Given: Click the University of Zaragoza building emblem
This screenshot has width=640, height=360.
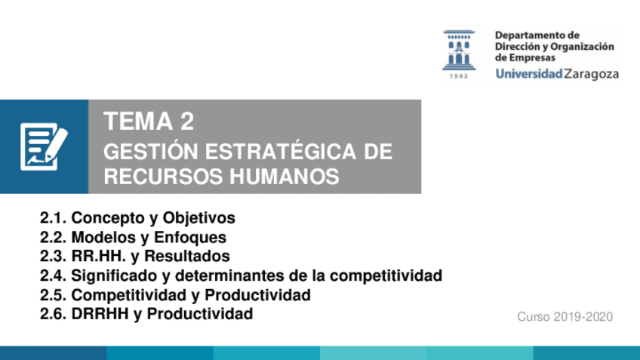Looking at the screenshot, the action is (x=459, y=50).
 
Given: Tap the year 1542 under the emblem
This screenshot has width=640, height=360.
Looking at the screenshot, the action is (x=459, y=76).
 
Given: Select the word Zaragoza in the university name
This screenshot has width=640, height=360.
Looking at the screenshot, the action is (x=592, y=74).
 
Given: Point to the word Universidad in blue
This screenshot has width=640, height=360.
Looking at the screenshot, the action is (x=529, y=73).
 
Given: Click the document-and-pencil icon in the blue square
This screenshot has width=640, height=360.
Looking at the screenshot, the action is (x=44, y=146).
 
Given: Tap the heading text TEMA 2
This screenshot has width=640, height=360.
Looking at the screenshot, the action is (x=149, y=122).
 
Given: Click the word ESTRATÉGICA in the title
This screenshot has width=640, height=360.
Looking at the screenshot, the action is (x=281, y=151).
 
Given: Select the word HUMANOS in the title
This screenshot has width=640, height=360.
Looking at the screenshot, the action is (x=284, y=177).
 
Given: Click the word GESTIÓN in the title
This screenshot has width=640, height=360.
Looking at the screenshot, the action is (x=151, y=151).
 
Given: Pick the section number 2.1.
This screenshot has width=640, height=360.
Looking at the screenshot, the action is (x=53, y=218).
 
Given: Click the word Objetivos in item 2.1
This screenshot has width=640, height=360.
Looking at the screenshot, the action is (x=198, y=218).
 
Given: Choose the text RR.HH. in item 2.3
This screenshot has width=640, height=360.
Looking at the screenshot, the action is (x=99, y=257).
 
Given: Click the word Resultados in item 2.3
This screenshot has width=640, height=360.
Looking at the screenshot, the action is (x=187, y=257).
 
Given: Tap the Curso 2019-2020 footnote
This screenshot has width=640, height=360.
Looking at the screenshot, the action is (x=565, y=317).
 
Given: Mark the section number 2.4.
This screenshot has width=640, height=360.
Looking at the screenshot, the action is (x=53, y=276).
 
